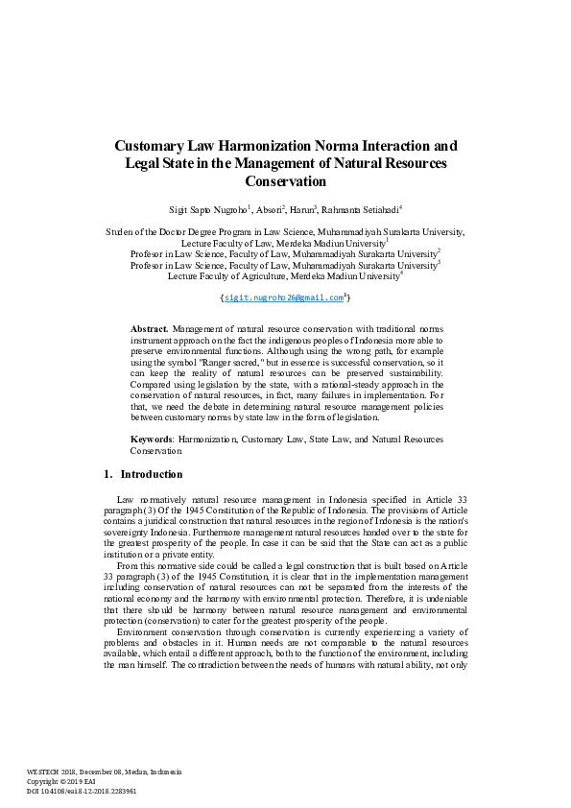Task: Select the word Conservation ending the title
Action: [286, 180]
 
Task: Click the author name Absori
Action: [267, 208]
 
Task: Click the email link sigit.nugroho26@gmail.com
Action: [284, 298]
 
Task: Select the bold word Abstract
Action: [149, 328]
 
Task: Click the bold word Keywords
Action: [152, 439]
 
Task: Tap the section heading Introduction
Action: [151, 474]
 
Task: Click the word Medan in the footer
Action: [138, 772]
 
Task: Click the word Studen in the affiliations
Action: [119, 232]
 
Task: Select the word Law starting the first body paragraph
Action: [125, 501]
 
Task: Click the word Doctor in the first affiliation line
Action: [187, 232]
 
